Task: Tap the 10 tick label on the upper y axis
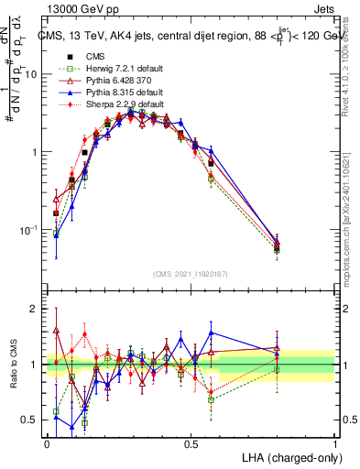(x=31, y=75)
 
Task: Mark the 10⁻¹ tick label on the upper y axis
(x=29, y=229)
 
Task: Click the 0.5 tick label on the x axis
(x=191, y=443)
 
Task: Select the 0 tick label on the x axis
(x=47, y=443)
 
